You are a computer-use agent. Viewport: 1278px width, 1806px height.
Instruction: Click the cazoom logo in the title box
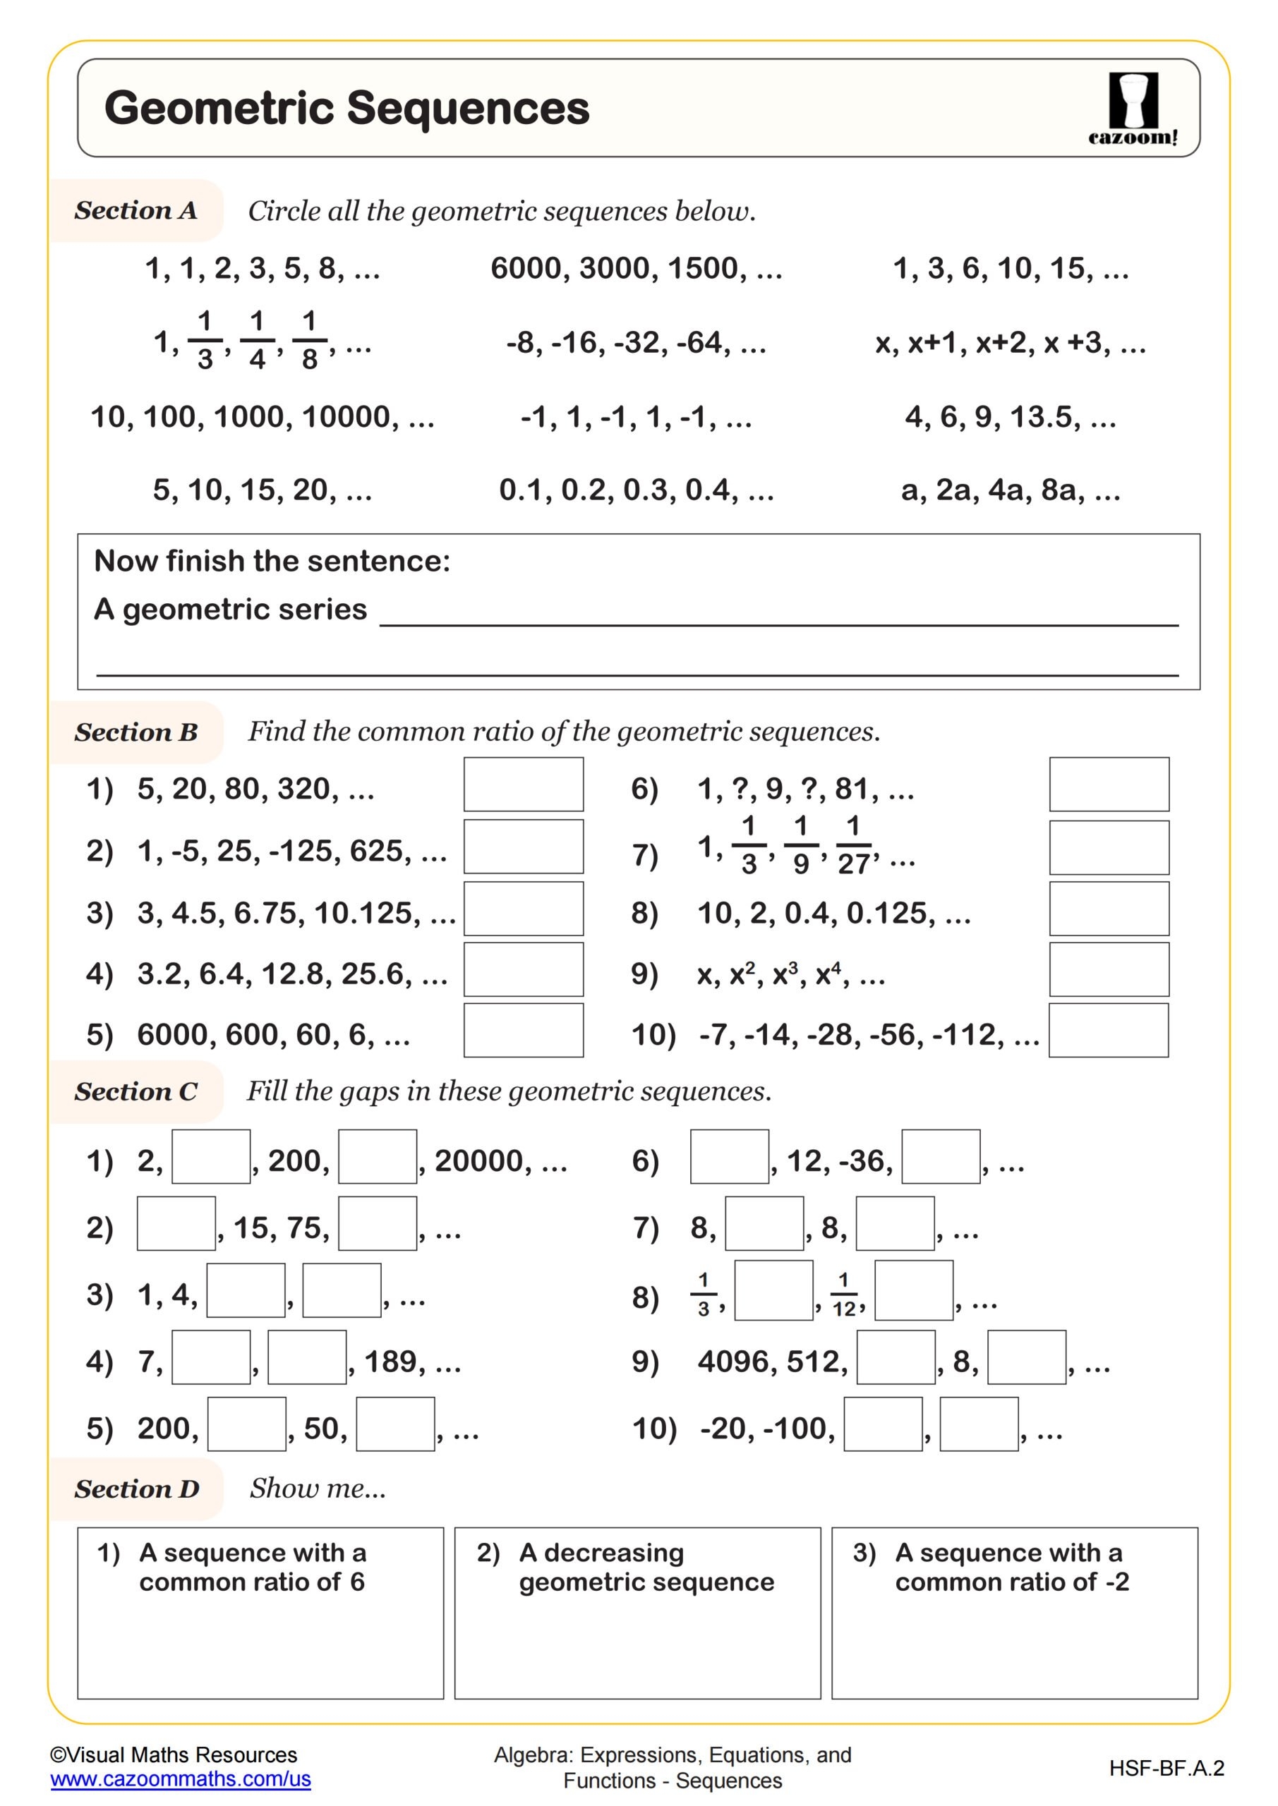point(1133,108)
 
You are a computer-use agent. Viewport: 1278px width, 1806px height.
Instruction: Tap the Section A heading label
point(135,210)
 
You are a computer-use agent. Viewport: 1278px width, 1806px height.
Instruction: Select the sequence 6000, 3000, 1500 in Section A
point(636,268)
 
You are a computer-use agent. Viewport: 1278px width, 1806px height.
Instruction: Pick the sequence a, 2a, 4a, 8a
point(1010,490)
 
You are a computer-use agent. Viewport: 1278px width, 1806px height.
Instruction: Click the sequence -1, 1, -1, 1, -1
point(636,417)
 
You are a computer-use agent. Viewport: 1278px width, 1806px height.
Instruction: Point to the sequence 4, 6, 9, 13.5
point(1010,417)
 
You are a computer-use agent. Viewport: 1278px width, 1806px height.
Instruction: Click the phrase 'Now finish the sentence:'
point(272,561)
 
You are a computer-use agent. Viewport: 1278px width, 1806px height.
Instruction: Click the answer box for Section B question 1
point(524,784)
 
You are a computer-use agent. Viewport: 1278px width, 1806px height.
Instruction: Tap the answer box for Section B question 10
point(1108,1030)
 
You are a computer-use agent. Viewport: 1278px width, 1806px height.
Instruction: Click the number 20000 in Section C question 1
point(479,1161)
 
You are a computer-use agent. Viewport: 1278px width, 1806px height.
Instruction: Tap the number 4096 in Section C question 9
point(733,1362)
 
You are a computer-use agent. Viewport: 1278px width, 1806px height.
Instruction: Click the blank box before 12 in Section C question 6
point(729,1156)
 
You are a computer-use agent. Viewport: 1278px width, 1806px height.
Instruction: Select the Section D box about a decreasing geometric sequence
point(637,1613)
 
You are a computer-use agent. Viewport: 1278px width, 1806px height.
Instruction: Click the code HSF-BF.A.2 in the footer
point(1167,1768)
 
